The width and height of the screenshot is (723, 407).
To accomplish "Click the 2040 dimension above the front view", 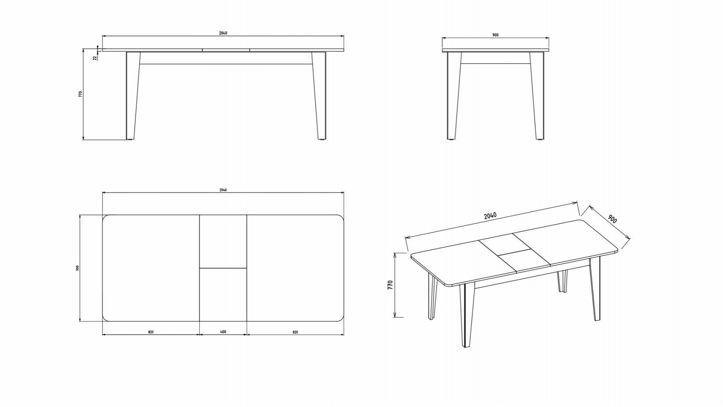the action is (223, 33).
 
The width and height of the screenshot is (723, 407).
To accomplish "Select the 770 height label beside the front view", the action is (80, 94).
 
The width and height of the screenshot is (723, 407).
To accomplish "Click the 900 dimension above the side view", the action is (495, 35).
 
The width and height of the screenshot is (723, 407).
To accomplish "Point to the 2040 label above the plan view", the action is (223, 190).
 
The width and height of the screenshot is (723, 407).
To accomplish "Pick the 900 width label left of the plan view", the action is (77, 268).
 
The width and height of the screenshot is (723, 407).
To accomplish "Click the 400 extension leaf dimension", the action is (223, 332).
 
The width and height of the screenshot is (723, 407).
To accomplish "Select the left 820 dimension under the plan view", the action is (151, 332).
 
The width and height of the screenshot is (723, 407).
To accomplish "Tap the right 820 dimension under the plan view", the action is (295, 332).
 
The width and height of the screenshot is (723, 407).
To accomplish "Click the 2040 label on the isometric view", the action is (490, 216).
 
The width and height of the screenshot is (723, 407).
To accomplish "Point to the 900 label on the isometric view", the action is (612, 219).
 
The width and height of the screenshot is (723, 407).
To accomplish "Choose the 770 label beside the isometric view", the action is (390, 285).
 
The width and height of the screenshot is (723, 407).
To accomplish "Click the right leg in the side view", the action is (537, 96).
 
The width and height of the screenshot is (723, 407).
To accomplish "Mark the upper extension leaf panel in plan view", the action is (223, 242).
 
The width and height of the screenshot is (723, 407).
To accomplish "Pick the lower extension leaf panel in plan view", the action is (223, 295).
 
